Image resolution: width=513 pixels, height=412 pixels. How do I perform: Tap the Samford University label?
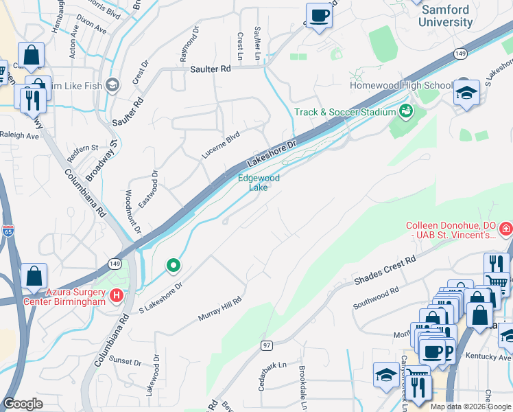pyautogui.click(x=446, y=16)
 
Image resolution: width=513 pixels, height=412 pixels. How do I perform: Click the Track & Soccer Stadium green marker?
pyautogui.click(x=405, y=111)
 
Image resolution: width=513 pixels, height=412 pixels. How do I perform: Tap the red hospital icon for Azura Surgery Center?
pyautogui.click(x=117, y=296)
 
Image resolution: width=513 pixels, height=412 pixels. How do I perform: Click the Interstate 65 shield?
pyautogui.click(x=8, y=231)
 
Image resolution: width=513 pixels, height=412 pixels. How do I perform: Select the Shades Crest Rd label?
pyautogui.click(x=385, y=271)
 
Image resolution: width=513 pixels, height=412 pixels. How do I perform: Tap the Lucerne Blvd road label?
pyautogui.click(x=220, y=145)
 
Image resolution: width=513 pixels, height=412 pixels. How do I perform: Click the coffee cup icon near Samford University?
pyautogui.click(x=319, y=15)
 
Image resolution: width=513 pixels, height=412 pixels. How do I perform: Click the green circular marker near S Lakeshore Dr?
pyautogui.click(x=174, y=265)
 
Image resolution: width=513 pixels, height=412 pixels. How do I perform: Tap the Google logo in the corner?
pyautogui.click(x=23, y=404)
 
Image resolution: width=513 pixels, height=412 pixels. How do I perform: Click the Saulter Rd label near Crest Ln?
pyautogui.click(x=211, y=69)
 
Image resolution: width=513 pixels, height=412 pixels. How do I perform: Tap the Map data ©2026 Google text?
pyautogui.click(x=470, y=406)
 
